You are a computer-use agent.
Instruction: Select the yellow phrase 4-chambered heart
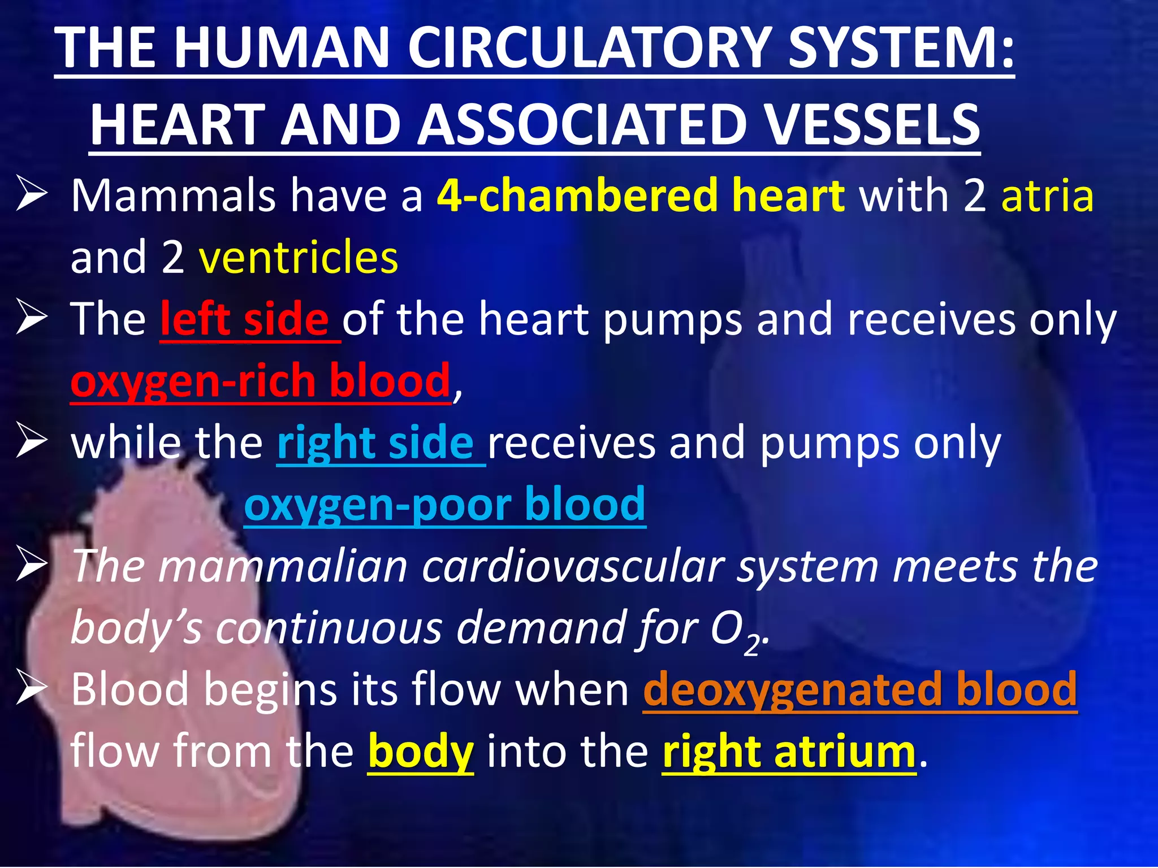tap(641, 196)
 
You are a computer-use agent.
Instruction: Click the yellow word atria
tap(1047, 196)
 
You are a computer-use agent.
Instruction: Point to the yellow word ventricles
tap(299, 257)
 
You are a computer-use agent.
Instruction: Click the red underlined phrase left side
tap(244, 319)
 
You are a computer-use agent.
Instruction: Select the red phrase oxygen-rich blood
tap(260, 381)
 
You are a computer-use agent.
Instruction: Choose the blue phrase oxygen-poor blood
tap(444, 504)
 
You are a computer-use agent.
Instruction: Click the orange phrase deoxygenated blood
tap(860, 689)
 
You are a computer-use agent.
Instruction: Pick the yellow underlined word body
tap(421, 752)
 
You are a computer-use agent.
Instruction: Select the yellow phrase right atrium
tap(789, 752)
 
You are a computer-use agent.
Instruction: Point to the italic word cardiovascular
tap(573, 566)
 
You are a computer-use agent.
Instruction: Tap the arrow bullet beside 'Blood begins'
tap(31, 687)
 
